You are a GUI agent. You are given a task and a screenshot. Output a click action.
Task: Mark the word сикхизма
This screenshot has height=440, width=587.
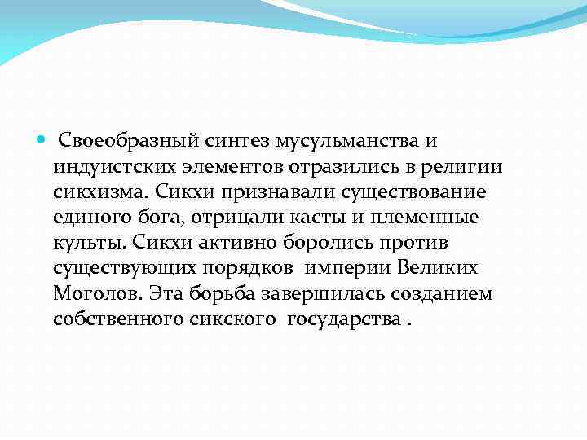tap(91, 194)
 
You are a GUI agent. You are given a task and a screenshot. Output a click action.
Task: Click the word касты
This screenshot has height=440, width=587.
tap(313, 219)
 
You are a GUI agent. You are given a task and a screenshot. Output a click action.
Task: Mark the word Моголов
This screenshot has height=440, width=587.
tap(89, 294)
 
